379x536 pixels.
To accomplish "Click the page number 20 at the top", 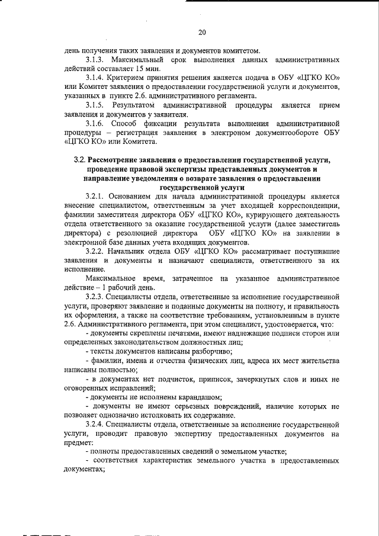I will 202,32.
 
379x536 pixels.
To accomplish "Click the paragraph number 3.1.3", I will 96,60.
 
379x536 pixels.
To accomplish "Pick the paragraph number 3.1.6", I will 96,124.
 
